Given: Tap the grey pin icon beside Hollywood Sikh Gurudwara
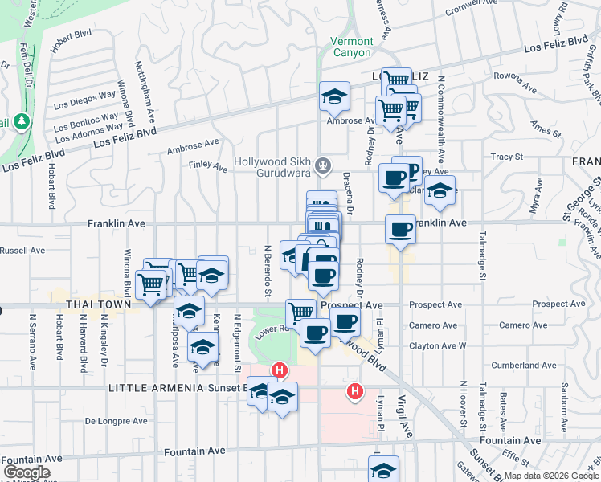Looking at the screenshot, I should click(323, 166).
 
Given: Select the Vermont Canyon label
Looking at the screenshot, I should click(352, 47).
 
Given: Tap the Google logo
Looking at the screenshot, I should click(27, 472).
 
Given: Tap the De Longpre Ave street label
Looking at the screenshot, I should click(117, 420).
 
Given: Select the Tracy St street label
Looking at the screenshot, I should click(506, 157).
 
